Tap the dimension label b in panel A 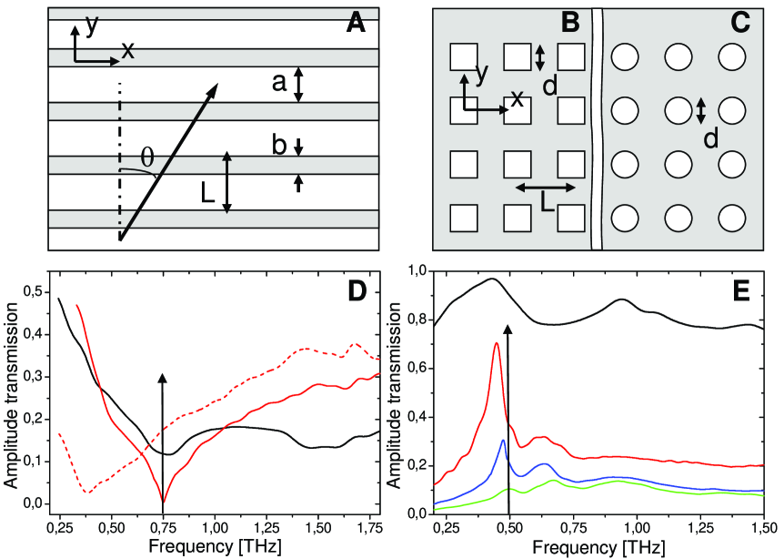coord(279,145)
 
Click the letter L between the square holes coord(548,206)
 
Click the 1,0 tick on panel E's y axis coord(417,270)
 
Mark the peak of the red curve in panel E coord(496,343)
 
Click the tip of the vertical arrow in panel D coord(163,376)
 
